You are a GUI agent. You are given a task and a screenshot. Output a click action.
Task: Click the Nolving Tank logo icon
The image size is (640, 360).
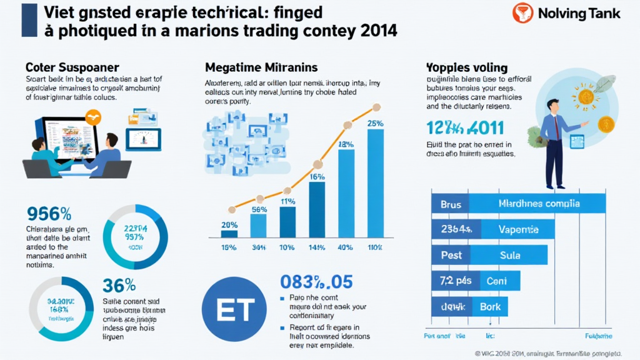point(522,13)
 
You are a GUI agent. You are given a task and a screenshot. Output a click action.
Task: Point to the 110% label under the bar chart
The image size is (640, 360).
point(376,247)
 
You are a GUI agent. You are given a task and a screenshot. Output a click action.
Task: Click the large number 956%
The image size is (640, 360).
point(49,214)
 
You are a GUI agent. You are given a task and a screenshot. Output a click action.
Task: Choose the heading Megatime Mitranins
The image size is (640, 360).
point(261,66)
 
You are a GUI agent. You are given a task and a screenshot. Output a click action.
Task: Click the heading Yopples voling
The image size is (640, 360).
point(466,67)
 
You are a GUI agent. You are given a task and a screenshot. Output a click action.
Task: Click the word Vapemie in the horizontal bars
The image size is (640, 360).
point(519,229)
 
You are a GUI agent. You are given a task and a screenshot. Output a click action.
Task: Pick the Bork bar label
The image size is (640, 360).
point(490,307)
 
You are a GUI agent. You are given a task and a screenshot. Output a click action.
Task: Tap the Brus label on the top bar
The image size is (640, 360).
point(450,203)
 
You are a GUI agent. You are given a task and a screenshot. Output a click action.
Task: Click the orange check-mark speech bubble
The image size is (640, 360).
point(94,115)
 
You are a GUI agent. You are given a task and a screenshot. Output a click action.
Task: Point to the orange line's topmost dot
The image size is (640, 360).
point(376,107)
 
